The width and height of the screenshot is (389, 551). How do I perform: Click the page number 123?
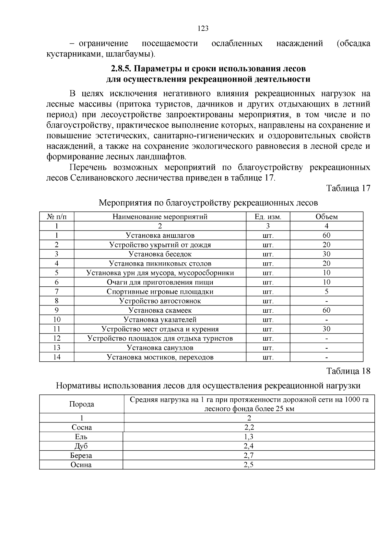click(203, 28)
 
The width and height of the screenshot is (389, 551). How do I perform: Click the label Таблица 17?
click(348, 189)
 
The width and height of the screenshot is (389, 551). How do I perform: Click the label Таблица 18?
click(348, 371)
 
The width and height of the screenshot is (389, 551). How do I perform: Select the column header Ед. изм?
click(268, 217)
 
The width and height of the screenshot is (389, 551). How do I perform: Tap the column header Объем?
click(326, 217)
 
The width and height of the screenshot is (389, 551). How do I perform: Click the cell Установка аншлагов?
click(160, 235)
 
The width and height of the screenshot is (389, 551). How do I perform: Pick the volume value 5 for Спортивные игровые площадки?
click(326, 292)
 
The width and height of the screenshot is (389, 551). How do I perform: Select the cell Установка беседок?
click(160, 254)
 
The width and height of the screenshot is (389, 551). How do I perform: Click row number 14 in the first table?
click(57, 357)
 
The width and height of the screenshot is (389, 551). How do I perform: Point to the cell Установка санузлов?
click(160, 348)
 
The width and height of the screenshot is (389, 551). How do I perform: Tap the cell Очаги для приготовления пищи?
click(160, 282)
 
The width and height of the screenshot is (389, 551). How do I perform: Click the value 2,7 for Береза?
click(249, 456)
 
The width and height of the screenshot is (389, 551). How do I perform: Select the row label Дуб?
click(81, 446)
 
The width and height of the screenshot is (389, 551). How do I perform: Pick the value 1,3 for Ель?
click(249, 437)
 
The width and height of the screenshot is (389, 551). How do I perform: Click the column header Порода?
click(82, 404)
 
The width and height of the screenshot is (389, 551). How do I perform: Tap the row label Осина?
click(81, 465)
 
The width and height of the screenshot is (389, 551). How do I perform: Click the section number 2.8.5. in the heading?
click(121, 69)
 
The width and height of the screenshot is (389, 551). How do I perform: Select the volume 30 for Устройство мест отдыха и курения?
click(326, 329)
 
